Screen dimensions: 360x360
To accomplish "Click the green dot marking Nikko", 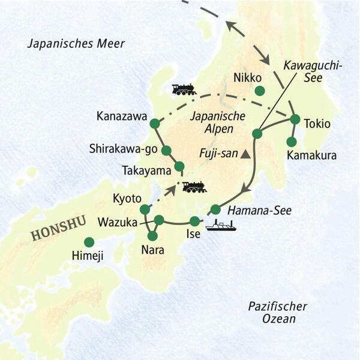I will (259, 91).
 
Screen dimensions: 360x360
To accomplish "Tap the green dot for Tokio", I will (295, 119).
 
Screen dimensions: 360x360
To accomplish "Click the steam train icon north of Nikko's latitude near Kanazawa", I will (184, 89).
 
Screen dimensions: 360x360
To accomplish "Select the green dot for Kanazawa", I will (154, 124).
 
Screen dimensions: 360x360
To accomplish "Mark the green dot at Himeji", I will (89, 242).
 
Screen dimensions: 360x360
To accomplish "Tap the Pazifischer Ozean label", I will (278, 313).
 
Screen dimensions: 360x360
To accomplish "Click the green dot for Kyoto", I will (145, 209).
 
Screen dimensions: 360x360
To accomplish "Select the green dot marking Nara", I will (152, 235).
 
